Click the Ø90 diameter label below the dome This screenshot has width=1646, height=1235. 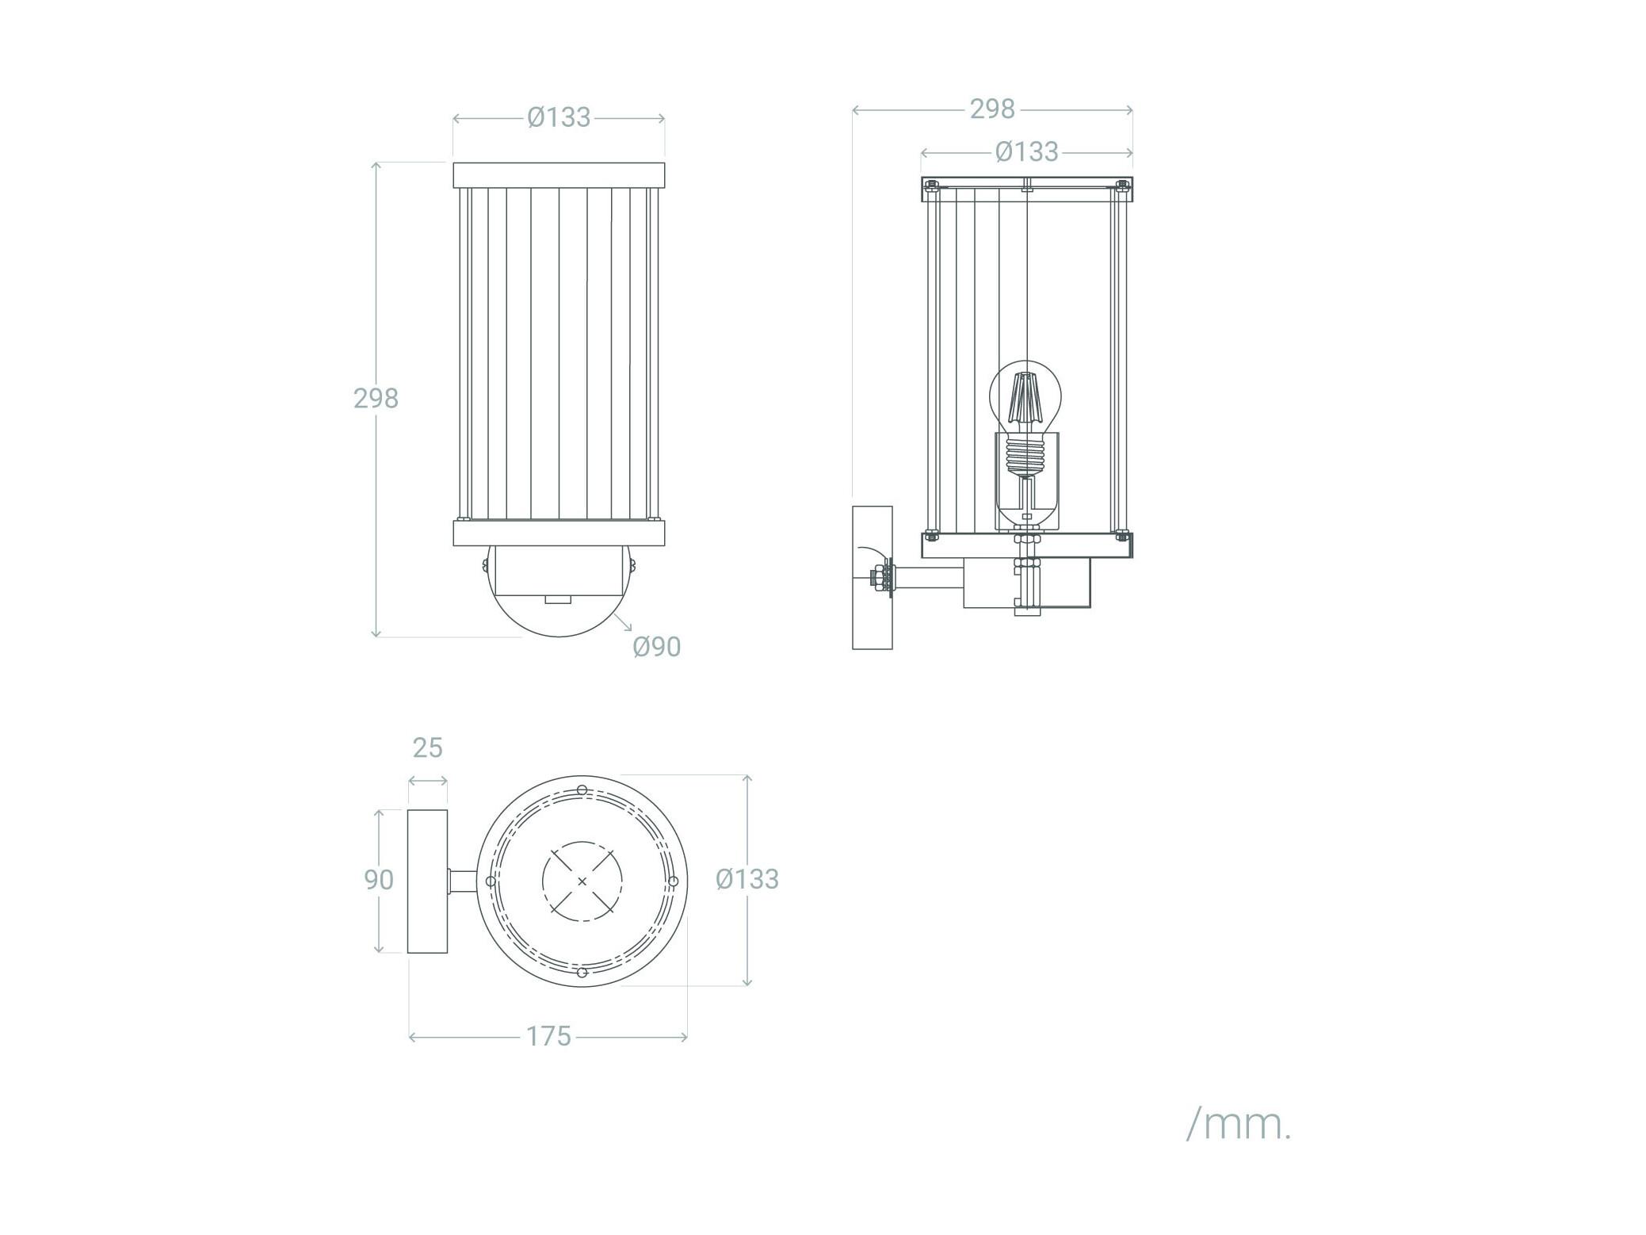point(656,647)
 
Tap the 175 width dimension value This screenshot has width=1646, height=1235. point(548,1036)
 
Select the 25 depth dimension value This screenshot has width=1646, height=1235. point(428,747)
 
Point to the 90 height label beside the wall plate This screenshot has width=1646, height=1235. point(379,879)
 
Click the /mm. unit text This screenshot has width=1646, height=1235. point(1239,1125)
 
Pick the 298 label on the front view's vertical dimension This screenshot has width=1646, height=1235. point(376,398)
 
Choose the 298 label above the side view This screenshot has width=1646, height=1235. point(992,109)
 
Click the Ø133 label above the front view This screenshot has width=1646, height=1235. point(559,118)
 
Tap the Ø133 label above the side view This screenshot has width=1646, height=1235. point(1026,151)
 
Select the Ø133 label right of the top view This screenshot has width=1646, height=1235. point(747,879)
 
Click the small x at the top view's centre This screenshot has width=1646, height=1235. point(582,881)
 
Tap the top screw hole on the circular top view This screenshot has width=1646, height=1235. point(582,790)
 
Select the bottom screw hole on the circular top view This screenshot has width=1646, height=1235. point(582,972)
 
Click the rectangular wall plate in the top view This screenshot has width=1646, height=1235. point(427,881)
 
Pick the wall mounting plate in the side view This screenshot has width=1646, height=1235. point(872,577)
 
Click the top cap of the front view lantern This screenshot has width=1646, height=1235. point(559,175)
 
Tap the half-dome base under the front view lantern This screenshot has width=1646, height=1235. point(559,591)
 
